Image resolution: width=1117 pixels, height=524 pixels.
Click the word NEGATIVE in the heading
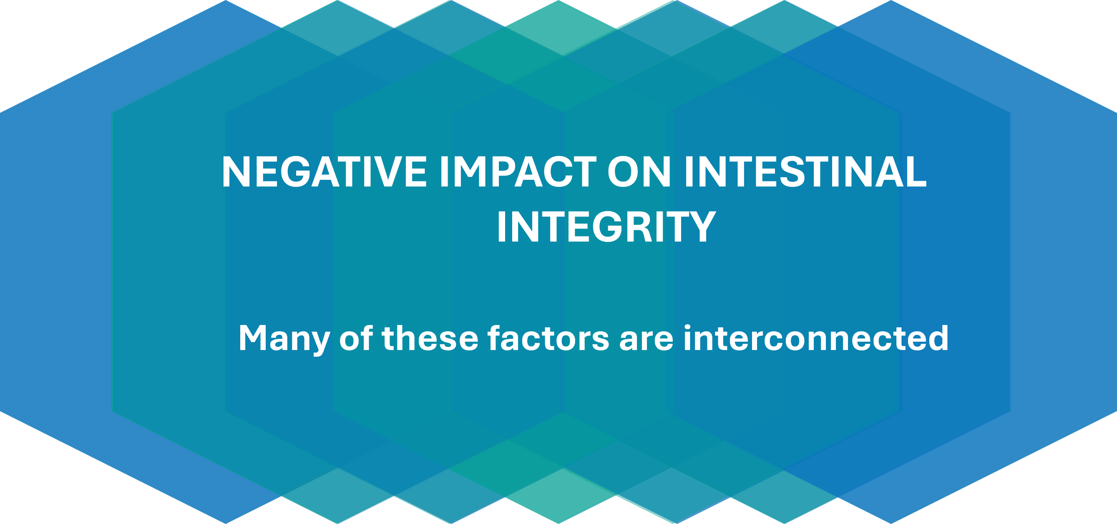325,172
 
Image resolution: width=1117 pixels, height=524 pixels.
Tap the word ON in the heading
639,172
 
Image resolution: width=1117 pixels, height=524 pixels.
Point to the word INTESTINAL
805,172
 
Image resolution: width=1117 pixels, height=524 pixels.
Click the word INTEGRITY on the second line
606,227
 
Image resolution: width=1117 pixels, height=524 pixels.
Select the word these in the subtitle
430,338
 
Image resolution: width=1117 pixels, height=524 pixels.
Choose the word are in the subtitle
646,339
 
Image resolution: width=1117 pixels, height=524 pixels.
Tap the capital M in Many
253,338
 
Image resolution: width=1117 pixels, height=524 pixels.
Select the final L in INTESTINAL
915,172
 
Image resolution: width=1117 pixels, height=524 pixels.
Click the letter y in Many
319,343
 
